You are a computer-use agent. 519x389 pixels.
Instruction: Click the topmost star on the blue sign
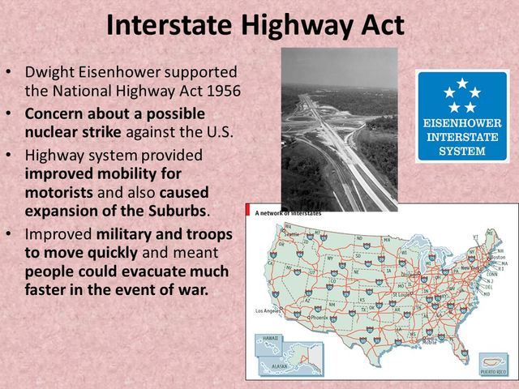point(462,83)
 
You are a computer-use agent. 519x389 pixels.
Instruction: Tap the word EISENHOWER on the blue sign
point(462,124)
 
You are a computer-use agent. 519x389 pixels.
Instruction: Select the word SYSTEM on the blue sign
point(462,151)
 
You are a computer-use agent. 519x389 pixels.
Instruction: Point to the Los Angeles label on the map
point(269,310)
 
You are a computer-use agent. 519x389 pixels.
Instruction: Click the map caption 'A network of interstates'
point(288,212)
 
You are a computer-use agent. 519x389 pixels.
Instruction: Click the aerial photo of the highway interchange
point(339,130)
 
